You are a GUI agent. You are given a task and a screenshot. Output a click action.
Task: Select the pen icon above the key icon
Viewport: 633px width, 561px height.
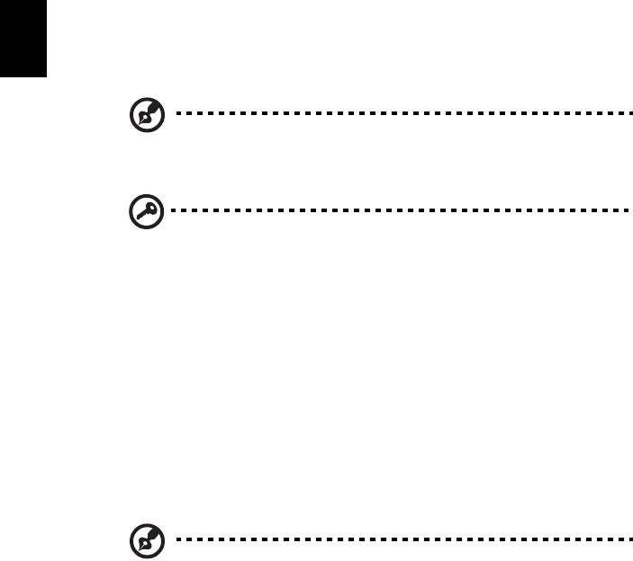pos(144,115)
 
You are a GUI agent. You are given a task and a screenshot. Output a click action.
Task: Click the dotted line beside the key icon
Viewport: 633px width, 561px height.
pos(396,211)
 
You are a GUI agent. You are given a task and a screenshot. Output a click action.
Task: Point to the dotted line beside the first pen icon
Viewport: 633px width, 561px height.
pos(396,115)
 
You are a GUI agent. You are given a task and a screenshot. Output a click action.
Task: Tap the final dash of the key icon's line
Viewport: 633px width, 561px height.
pos(621,211)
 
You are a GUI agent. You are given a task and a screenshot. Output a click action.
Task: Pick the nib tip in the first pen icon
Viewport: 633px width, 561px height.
pos(139,121)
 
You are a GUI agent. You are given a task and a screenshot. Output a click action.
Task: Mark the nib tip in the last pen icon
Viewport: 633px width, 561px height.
pos(139,550)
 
